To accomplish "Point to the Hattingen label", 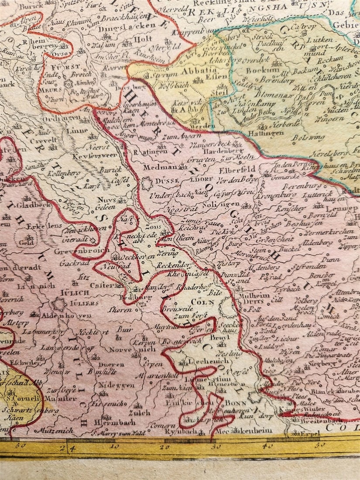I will coord(263,132).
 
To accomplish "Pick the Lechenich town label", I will coord(200,362).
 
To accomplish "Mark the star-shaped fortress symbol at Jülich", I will coord(58,304).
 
